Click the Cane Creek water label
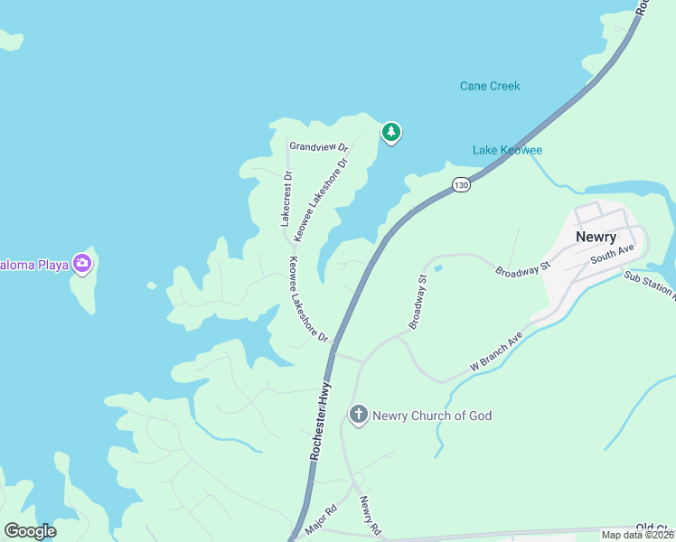pyautogui.click(x=490, y=87)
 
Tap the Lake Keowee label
pyautogui.click(x=507, y=150)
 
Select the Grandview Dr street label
pyautogui.click(x=318, y=145)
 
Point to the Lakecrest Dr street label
pyautogui.click(x=286, y=198)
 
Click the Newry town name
pyautogui.click(x=596, y=238)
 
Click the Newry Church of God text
pyautogui.click(x=433, y=416)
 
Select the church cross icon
pyautogui.click(x=358, y=415)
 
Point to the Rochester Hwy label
pyautogui.click(x=321, y=422)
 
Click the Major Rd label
pyautogui.click(x=320, y=521)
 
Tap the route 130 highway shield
pyautogui.click(x=462, y=184)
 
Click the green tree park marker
pyautogui.click(x=390, y=133)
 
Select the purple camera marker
pyautogui.click(x=83, y=263)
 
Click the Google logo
pyautogui.click(x=30, y=531)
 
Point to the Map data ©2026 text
pyautogui.click(x=637, y=535)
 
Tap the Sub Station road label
pyautogui.click(x=649, y=285)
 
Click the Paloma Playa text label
pyautogui.click(x=34, y=264)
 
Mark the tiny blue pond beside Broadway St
pyautogui.click(x=438, y=267)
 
